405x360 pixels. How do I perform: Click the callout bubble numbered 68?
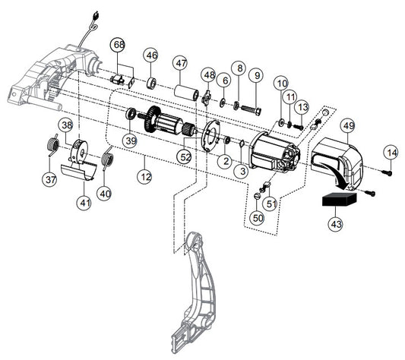coord(119,46)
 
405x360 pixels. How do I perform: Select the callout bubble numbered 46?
coord(151,55)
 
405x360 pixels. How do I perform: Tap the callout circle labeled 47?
coord(181,63)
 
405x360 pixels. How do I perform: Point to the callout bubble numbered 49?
coord(349,126)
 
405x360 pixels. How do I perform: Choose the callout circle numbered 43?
coord(336,224)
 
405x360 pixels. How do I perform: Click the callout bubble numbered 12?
coord(144,177)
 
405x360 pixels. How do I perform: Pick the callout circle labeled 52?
coord(185,156)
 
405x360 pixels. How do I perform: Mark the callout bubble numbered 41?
coord(84,203)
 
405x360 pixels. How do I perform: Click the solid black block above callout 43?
coord(339,199)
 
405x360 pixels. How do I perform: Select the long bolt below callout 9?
coord(252,109)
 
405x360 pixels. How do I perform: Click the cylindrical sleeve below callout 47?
coord(186,93)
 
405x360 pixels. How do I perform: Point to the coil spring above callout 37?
coord(53,145)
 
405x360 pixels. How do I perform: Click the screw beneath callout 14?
coord(387,172)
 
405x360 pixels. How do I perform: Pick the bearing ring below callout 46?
coord(152,83)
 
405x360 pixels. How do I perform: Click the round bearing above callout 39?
coord(131,114)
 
